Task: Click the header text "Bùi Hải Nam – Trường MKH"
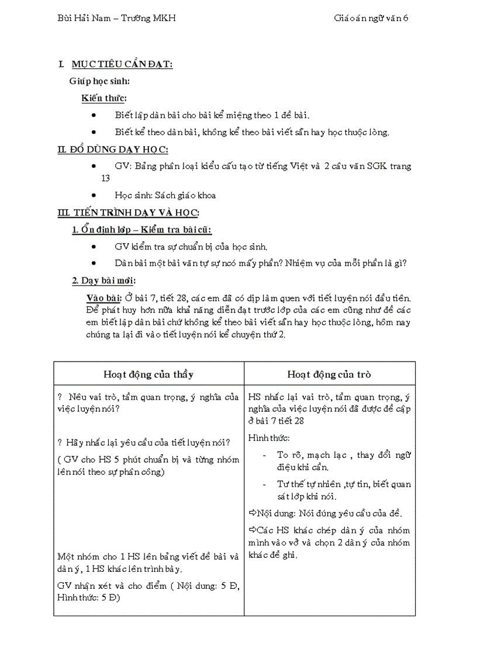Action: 116,18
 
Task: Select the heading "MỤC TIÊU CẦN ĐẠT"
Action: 122,64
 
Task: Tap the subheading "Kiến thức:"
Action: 104,98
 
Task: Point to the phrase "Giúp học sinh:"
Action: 99,81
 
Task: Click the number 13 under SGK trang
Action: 105,178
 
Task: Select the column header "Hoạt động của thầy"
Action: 148,374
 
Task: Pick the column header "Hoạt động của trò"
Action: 329,374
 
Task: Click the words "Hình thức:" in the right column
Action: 269,438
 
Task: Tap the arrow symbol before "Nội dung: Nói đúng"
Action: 253,513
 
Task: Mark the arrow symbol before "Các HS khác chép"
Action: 253,530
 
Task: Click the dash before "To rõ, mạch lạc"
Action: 265,454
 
